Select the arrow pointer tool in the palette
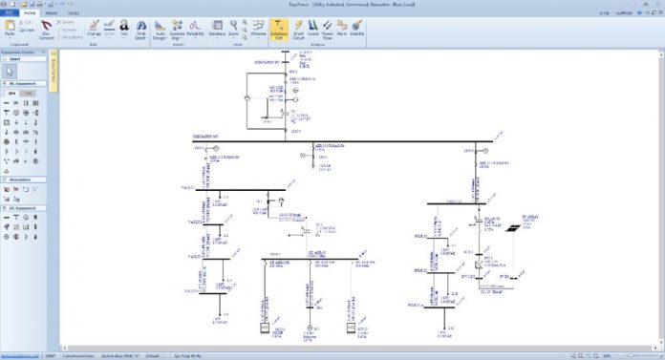tap(10, 72)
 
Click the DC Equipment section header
tap(23, 207)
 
